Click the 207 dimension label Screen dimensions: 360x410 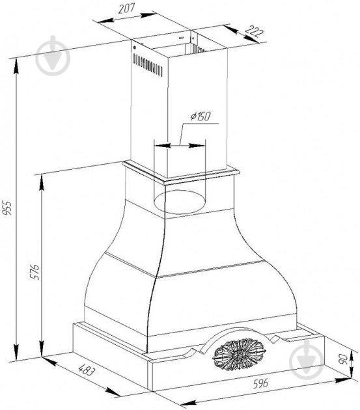127,8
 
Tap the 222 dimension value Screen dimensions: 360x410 255,32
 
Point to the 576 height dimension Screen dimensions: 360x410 35,272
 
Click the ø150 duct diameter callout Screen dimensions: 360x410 201,116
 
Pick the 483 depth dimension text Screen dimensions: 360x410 87,370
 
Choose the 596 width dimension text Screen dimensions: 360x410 260,383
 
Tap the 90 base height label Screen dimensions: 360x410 342,359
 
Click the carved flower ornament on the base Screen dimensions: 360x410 239,354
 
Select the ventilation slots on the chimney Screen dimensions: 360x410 148,65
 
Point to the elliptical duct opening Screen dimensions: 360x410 180,202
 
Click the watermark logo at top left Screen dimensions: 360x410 53,55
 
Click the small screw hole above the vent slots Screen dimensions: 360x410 134,48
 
